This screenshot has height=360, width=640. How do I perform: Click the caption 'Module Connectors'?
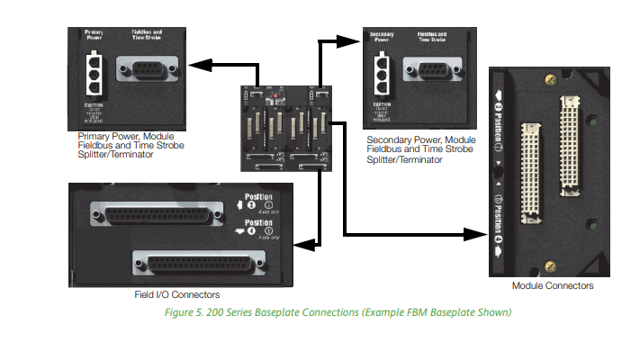click(553, 285)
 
